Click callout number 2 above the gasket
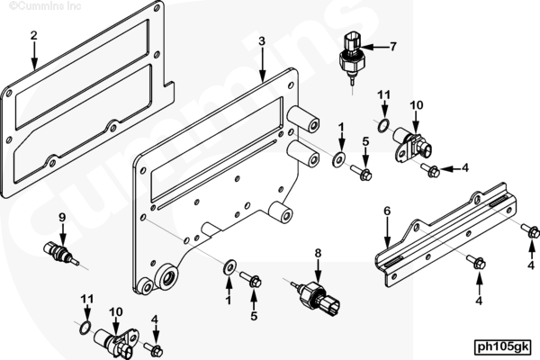click(x=33, y=36)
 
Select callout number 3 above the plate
click(x=261, y=42)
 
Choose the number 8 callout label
click(x=317, y=255)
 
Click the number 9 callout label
click(x=62, y=218)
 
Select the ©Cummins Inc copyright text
click(x=30, y=4)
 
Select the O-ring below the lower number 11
click(x=86, y=325)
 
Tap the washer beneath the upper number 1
click(x=339, y=160)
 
